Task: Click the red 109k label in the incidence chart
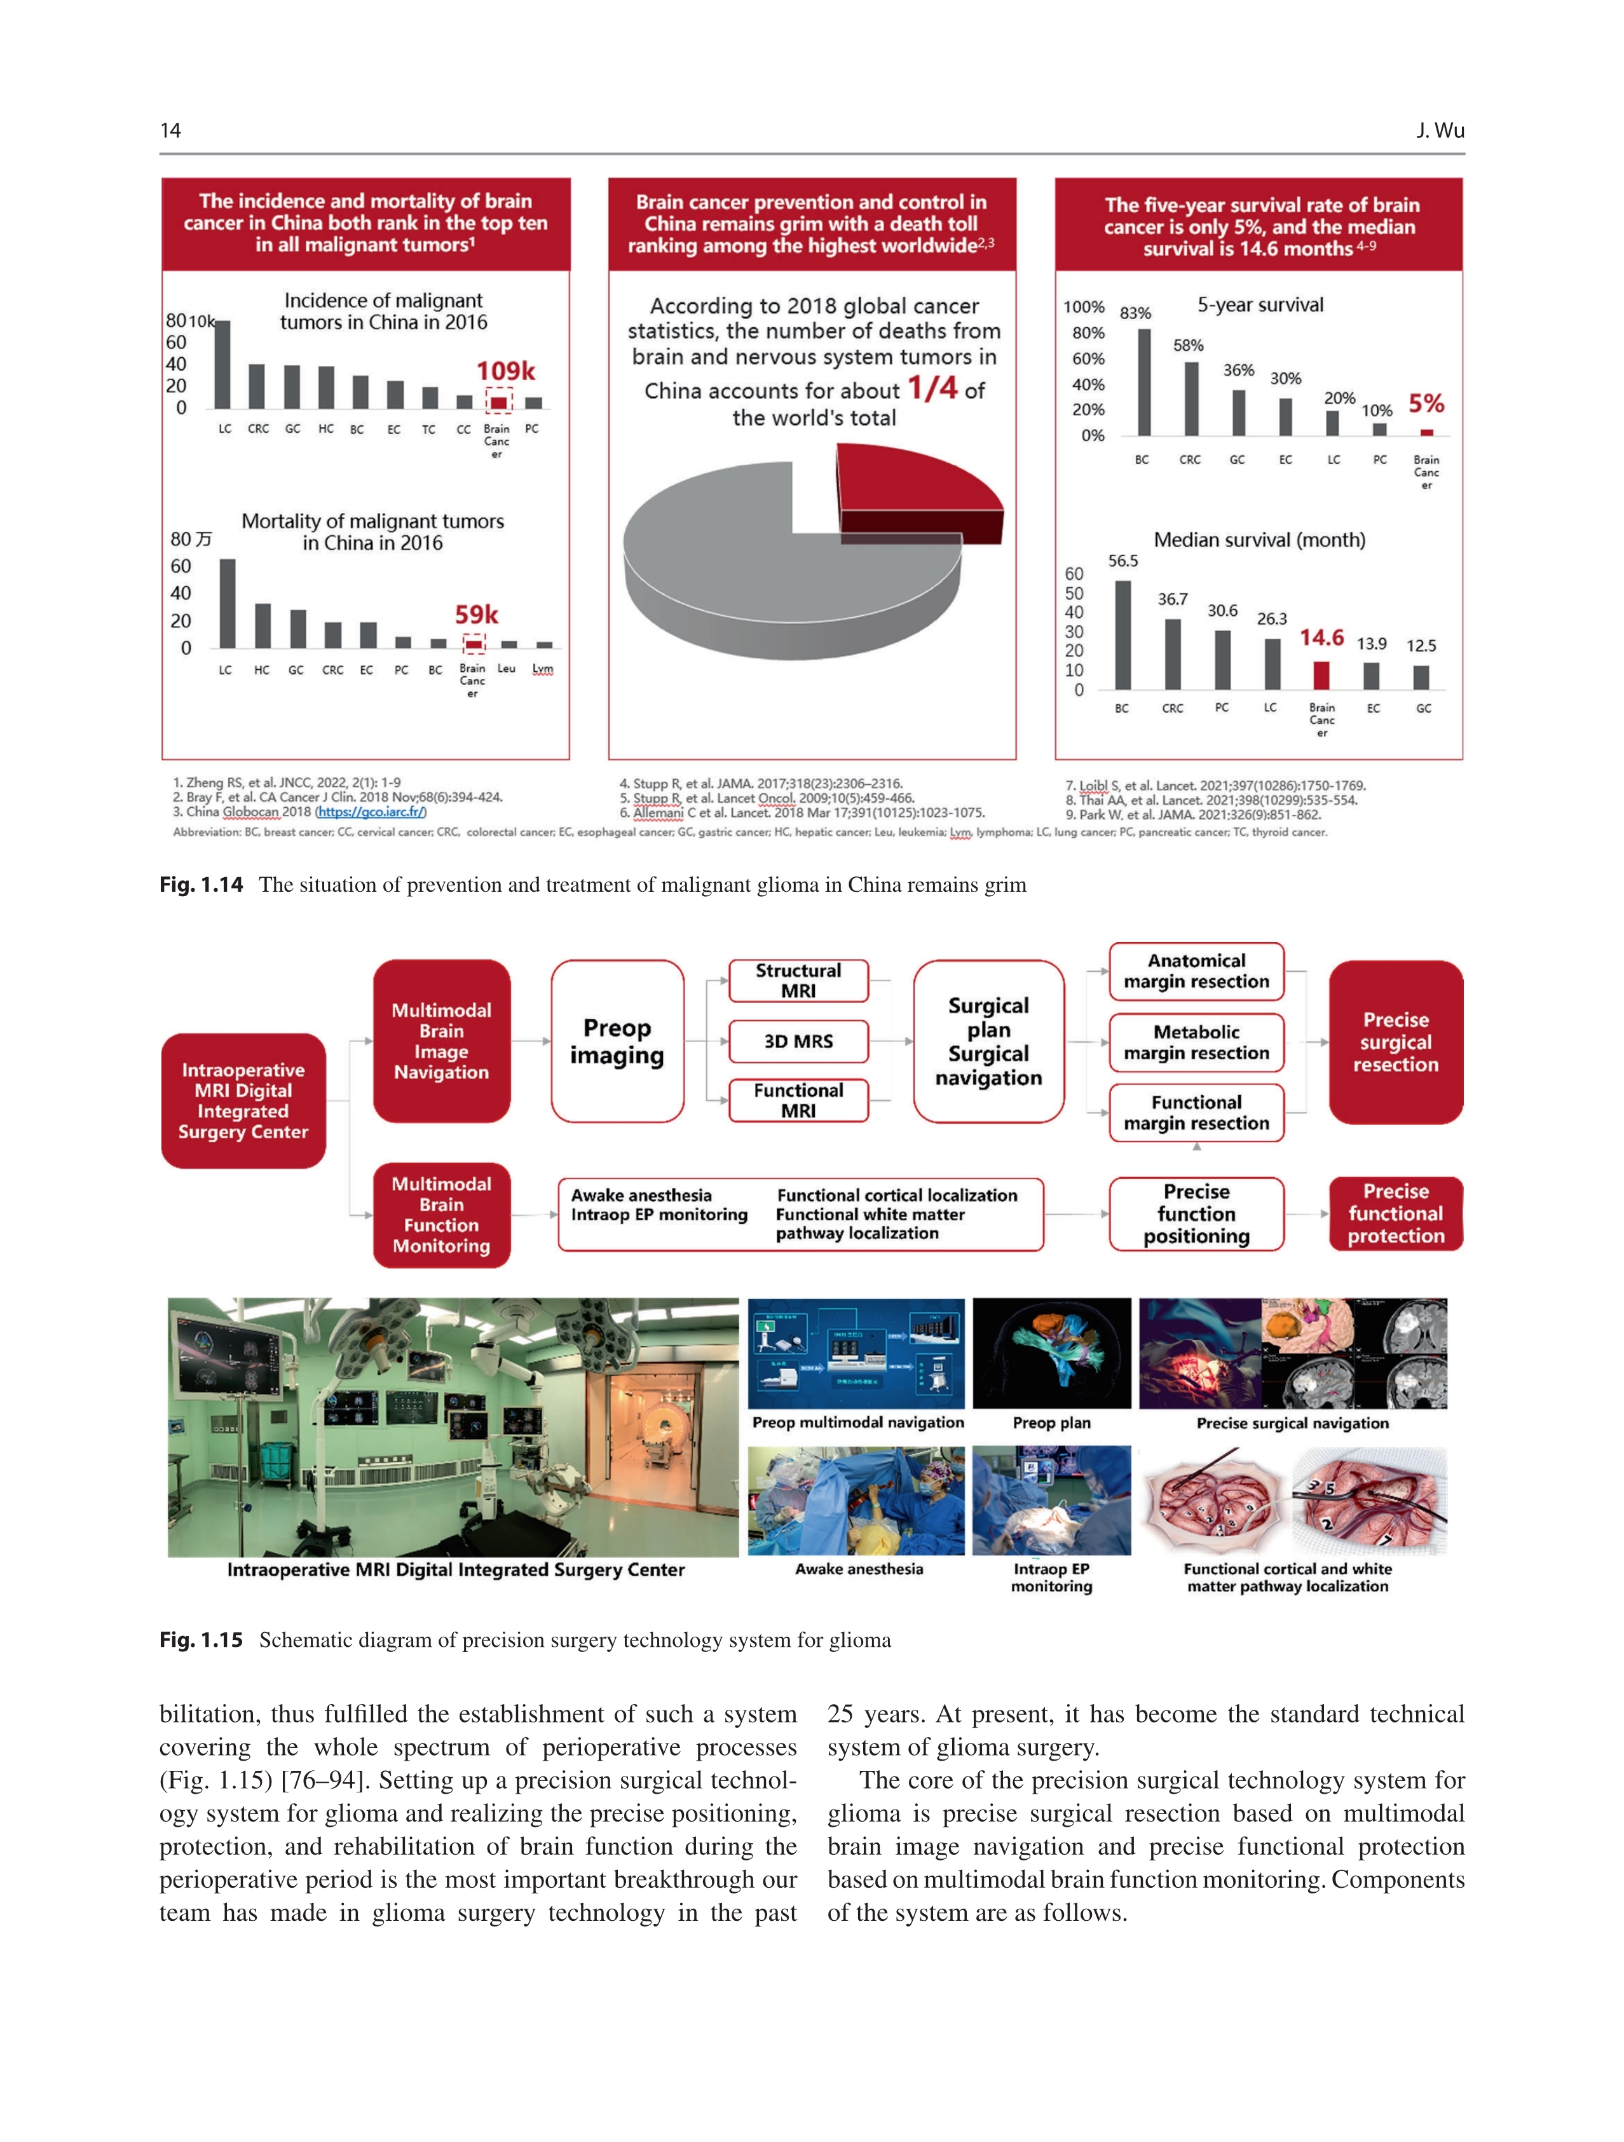[x=505, y=371]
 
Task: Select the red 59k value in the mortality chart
[x=477, y=615]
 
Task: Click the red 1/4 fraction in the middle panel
[x=932, y=388]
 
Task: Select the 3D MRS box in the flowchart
[x=798, y=1041]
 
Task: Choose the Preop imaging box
[x=617, y=1041]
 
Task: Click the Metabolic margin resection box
[x=1196, y=1042]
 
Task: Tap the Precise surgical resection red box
[x=1395, y=1042]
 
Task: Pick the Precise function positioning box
[x=1196, y=1213]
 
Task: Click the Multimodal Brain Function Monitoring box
[x=442, y=1214]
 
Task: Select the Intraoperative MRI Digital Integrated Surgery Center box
[x=243, y=1100]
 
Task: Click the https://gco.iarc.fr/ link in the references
[x=371, y=812]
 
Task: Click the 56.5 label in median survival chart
[x=1122, y=561]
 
